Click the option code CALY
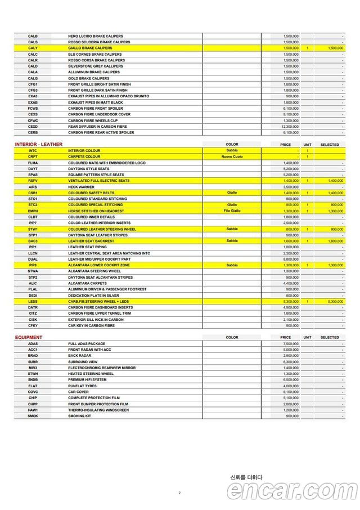(x=33, y=48)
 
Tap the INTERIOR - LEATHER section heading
(x=38, y=145)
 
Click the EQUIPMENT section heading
(x=28, y=338)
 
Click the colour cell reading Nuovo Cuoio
(x=232, y=156)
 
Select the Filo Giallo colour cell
(x=232, y=211)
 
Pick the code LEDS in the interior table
(x=33, y=301)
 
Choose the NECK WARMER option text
(x=82, y=187)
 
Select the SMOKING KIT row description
(x=79, y=416)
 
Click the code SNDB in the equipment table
(x=33, y=379)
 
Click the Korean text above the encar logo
(x=246, y=477)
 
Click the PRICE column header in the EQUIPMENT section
(x=285, y=338)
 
